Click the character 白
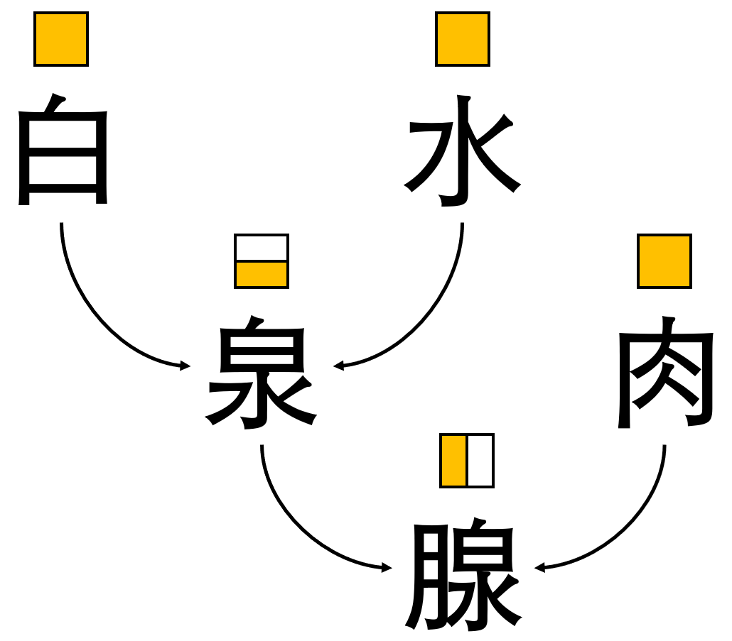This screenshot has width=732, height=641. point(63,150)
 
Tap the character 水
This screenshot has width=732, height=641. point(463,150)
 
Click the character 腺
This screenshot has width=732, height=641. point(463,577)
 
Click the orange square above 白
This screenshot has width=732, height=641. point(61,39)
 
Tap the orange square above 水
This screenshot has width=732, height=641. point(463,39)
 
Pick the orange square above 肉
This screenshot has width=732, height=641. point(664,261)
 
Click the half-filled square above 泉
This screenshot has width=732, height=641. point(262,261)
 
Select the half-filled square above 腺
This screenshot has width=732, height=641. point(467,461)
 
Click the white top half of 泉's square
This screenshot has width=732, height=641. point(262,248)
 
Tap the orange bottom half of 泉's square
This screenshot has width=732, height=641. point(262,274)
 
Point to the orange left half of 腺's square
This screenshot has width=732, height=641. point(454,461)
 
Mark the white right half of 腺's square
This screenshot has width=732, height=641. point(480,461)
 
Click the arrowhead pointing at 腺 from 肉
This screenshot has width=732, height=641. point(539,567)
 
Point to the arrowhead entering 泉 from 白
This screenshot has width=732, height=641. point(185,366)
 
